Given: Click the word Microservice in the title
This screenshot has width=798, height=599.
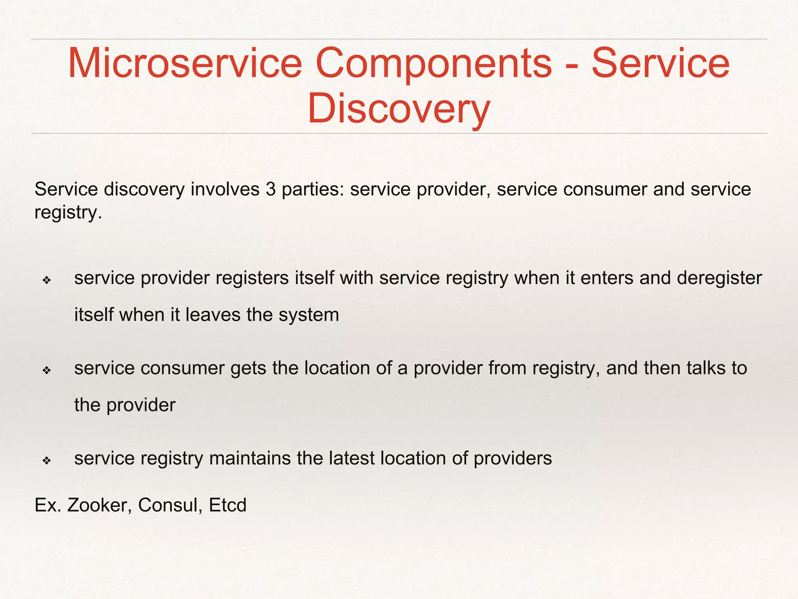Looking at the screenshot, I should click(185, 63).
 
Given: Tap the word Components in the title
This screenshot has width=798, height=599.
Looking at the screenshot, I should click(433, 63).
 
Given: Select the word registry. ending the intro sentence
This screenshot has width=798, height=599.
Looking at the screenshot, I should click(68, 213).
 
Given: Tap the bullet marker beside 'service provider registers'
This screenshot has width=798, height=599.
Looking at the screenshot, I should click(47, 280).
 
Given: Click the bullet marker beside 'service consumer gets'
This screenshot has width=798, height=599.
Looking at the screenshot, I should click(47, 370).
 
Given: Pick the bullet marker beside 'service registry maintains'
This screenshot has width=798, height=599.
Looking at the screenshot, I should click(47, 461).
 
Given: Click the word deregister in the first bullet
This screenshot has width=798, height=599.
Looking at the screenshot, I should click(719, 278).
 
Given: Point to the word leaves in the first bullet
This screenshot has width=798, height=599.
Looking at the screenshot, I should click(213, 315).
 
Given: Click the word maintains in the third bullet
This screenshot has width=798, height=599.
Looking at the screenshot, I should click(250, 459).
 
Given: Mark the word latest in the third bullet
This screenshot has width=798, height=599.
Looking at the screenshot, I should click(351, 459).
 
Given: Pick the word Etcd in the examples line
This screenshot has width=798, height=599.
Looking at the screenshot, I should click(228, 505).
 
